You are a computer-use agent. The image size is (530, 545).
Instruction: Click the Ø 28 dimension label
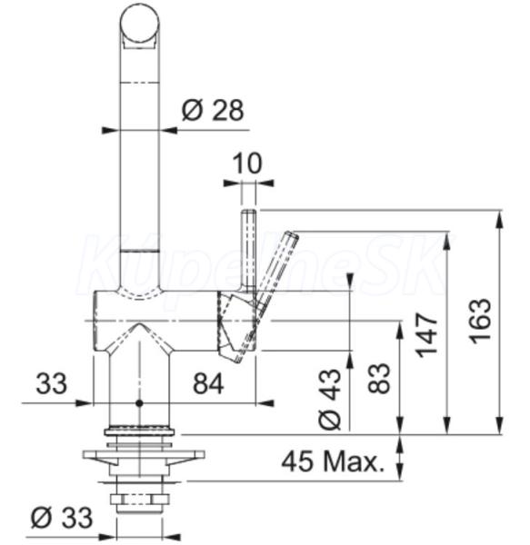pos(213,111)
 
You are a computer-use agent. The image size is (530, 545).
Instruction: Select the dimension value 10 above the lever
pos(246,163)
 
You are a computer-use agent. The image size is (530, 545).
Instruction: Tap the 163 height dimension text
pos(481,321)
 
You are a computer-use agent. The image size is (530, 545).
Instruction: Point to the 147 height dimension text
pos(426,335)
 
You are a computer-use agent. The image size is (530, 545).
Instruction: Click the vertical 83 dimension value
pos(379,379)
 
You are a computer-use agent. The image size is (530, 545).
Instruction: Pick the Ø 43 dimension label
pos(329,399)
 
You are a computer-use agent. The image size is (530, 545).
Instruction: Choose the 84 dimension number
pos(209,384)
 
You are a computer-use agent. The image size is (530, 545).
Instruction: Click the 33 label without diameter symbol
pos(52,383)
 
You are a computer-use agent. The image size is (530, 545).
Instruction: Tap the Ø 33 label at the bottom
pos(62,518)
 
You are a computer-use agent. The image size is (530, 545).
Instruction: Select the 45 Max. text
pos(333,461)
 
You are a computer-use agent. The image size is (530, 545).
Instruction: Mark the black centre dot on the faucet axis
pos(139,403)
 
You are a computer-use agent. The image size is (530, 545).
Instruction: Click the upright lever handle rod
pos(249,251)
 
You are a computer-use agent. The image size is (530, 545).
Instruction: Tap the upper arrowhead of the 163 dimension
pos(500,219)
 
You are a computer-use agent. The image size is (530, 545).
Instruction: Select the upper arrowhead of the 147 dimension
pos(447,240)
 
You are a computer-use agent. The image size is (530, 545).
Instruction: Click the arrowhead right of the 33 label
pos(84,403)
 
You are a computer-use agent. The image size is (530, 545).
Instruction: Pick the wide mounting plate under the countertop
pos(144,454)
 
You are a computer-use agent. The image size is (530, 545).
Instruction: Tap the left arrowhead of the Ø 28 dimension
pos(111,130)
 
